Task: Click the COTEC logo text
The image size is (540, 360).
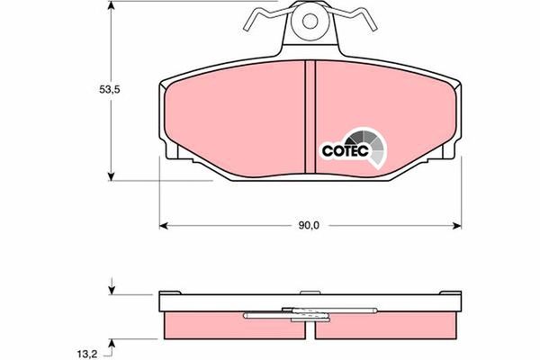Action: (342, 151)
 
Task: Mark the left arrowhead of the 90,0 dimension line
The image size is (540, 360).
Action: (164, 223)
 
